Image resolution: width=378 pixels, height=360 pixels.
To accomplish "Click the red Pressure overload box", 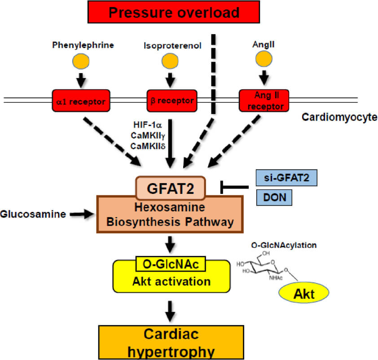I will point(174,12).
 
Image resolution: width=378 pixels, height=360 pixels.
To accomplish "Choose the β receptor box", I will point(171,100).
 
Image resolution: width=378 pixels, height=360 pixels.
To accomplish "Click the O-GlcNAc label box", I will point(170,265).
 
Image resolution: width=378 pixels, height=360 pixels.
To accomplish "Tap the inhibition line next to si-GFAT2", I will point(234,186).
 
